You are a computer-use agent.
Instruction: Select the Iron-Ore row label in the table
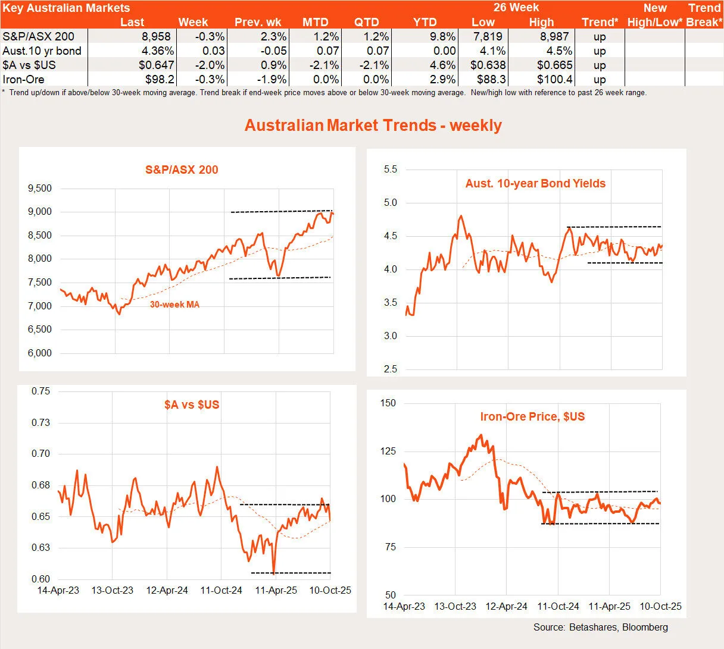tap(23, 79)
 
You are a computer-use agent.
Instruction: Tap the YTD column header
tap(425, 23)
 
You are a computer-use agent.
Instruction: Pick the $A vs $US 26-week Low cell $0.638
tap(488, 65)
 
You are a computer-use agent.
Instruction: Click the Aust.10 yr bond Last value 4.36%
tap(156, 51)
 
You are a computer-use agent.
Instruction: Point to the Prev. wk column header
tap(258, 23)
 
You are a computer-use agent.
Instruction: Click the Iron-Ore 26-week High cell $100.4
tap(554, 79)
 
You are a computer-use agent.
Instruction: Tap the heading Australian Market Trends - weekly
tap(373, 126)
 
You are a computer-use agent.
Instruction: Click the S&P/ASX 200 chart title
tap(182, 170)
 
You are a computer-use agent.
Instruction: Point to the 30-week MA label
tap(174, 305)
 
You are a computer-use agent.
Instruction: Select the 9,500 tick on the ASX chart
tap(39, 189)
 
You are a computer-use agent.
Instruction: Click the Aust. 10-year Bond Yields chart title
tap(535, 184)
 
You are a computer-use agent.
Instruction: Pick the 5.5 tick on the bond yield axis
tap(390, 170)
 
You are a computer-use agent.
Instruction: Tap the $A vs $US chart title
tap(192, 405)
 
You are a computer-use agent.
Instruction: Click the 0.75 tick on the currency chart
tap(40, 391)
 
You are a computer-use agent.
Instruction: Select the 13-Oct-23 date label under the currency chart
tap(112, 590)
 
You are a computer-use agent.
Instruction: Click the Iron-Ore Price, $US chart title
tap(532, 416)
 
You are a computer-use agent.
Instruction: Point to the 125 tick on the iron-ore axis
tap(388, 451)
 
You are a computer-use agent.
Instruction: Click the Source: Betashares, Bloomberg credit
tap(600, 627)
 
